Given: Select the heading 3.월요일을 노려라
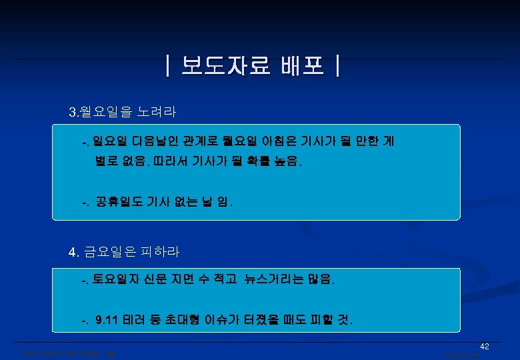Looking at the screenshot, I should coord(123,111).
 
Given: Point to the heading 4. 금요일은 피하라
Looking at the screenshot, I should coord(124,252).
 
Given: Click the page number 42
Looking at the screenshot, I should coord(485,347).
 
